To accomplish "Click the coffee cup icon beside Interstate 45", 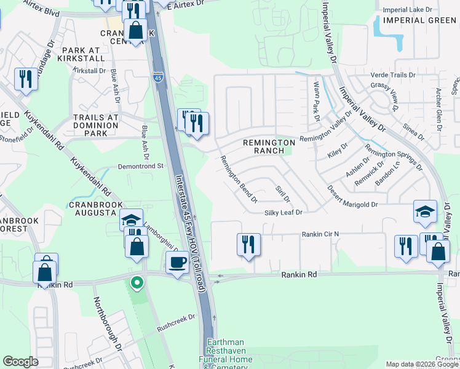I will [178, 263].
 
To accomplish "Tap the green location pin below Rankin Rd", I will [137, 283].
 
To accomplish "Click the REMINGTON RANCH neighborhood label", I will [269, 146].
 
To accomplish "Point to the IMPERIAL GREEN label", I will [419, 20].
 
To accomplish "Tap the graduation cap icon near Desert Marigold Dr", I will [425, 212].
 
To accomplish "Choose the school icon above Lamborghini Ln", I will [132, 220].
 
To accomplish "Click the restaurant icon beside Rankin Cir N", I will [248, 245].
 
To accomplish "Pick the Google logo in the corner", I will [21, 362].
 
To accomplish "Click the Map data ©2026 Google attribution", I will [422, 364].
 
